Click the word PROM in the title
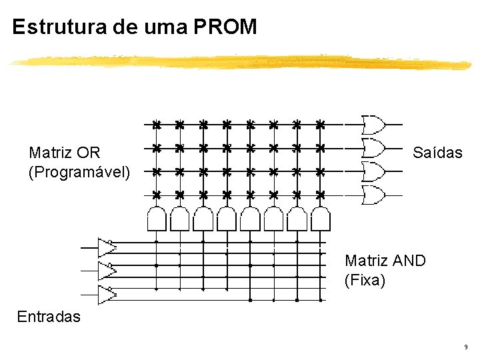225,27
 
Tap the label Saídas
437,153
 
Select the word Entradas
49,316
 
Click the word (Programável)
79,172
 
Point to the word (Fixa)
365,280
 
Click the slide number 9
465,347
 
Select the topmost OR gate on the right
373,124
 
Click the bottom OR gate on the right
373,195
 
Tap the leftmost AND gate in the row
156,217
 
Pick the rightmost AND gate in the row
321,217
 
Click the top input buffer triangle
106,247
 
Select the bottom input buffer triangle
106,294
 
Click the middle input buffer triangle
106,271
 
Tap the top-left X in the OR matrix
156,125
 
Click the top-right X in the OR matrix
320,125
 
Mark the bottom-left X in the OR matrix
156,195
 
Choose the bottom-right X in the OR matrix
320,195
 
